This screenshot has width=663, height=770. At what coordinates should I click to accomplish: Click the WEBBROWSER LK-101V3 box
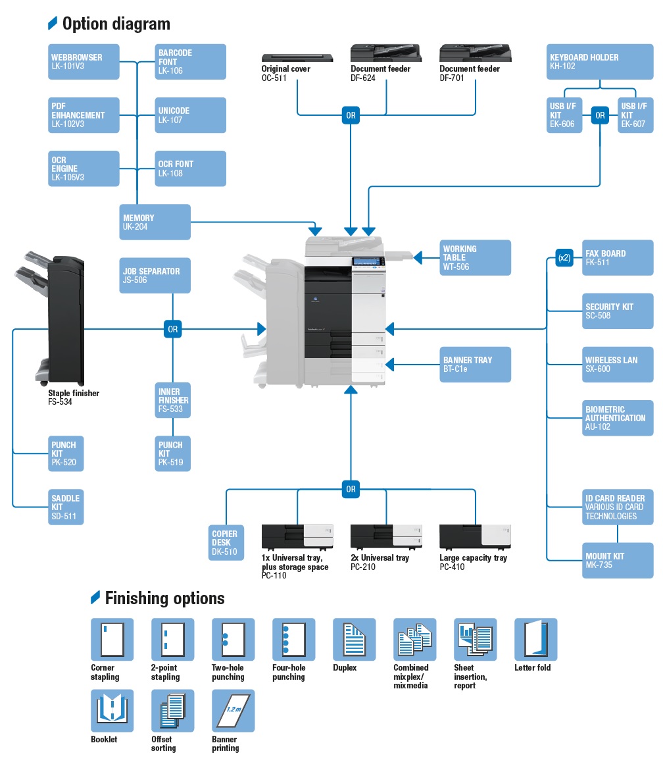tap(84, 62)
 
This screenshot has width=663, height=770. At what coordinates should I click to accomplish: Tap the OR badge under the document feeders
tap(351, 116)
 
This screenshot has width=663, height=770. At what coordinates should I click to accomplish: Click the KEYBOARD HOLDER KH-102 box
tap(600, 62)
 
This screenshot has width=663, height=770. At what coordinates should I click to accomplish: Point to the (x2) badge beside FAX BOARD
tap(564, 258)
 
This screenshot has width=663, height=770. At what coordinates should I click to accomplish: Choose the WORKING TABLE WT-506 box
tap(476, 257)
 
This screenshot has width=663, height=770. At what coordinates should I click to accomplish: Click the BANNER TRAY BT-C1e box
tap(476, 364)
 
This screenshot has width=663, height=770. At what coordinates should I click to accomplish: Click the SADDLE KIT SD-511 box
tap(66, 507)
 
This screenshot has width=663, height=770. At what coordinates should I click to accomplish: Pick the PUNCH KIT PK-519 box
tap(173, 453)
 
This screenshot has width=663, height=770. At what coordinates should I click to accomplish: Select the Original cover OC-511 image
tap(297, 58)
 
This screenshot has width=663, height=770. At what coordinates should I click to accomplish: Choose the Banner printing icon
tap(233, 711)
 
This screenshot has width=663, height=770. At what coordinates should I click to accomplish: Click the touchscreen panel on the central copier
tap(368, 262)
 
